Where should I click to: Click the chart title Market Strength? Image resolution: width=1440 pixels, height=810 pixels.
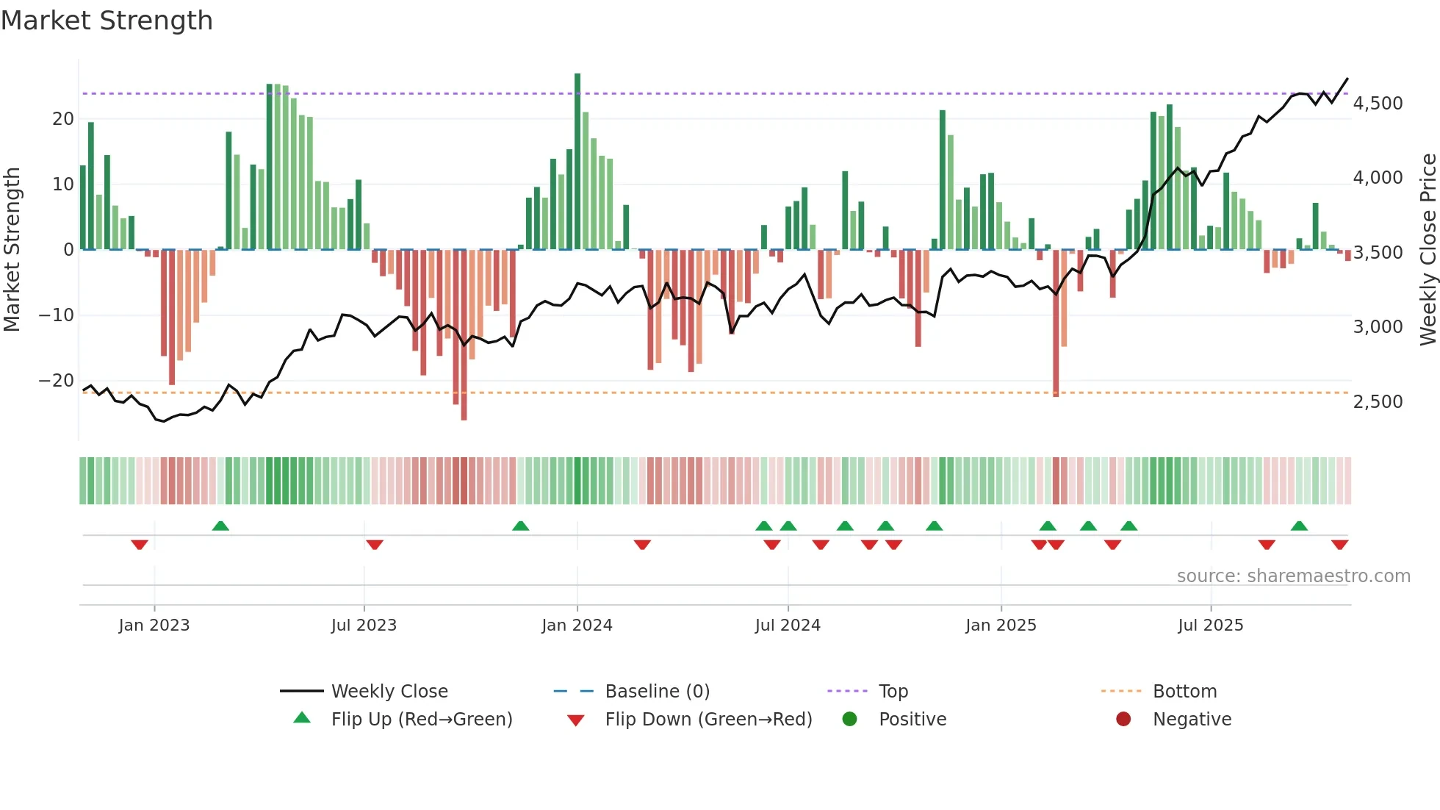(107, 21)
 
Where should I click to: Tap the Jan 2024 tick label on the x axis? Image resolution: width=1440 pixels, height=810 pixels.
(577, 626)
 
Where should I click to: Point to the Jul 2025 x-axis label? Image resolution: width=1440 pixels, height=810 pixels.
(1210, 626)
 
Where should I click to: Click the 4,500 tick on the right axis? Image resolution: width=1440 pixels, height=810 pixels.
(1378, 104)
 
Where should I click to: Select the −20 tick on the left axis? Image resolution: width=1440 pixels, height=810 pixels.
(57, 381)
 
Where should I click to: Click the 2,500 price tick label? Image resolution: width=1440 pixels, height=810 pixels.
(1378, 402)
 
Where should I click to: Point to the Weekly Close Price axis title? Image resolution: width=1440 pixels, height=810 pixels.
(1428, 250)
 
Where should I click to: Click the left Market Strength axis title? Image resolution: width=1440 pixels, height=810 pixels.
(12, 250)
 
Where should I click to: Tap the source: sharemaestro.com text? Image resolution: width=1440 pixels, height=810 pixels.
(1293, 576)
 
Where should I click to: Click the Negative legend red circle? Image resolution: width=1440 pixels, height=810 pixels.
(1123, 720)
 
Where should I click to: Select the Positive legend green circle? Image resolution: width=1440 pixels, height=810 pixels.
(850, 720)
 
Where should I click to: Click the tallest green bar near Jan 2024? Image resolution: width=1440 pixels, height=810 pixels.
(577, 162)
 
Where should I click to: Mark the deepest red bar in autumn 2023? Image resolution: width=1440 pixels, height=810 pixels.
(464, 334)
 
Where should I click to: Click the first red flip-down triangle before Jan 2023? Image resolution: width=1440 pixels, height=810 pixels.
(140, 545)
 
